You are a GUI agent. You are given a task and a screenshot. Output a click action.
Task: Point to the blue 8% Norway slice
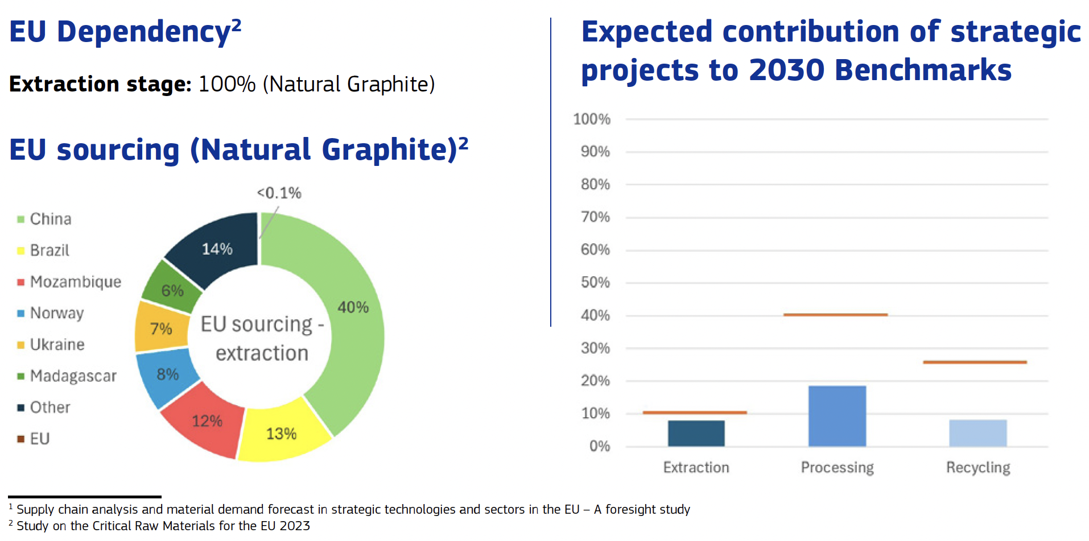point(167,375)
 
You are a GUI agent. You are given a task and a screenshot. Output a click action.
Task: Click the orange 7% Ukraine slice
point(160,328)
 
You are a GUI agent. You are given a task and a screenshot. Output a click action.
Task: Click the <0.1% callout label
point(279,193)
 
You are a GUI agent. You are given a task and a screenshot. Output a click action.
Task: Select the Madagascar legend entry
point(73,376)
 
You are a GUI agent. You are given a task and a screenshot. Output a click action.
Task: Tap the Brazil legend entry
point(49,251)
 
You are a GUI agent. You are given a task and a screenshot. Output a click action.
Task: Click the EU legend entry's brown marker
point(20,439)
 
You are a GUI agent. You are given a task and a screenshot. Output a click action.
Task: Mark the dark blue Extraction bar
point(696,434)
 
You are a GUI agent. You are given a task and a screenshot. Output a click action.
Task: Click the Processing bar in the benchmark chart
point(837,416)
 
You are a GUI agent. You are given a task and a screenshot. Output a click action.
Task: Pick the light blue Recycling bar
point(977,433)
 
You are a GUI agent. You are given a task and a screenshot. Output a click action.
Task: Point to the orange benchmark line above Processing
point(835,314)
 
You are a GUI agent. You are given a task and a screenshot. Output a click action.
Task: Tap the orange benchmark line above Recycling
point(975,362)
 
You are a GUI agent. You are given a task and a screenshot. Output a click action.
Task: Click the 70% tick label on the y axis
point(595,217)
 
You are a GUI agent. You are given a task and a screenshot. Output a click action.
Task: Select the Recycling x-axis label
point(978,468)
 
